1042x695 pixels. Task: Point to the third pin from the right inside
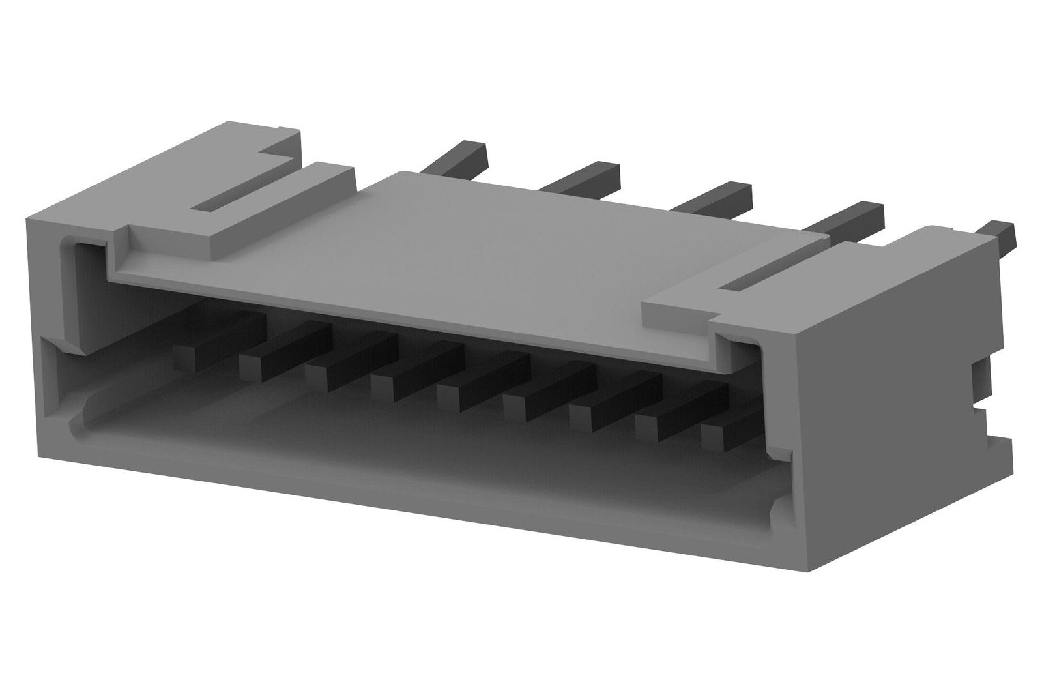(x=580, y=413)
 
